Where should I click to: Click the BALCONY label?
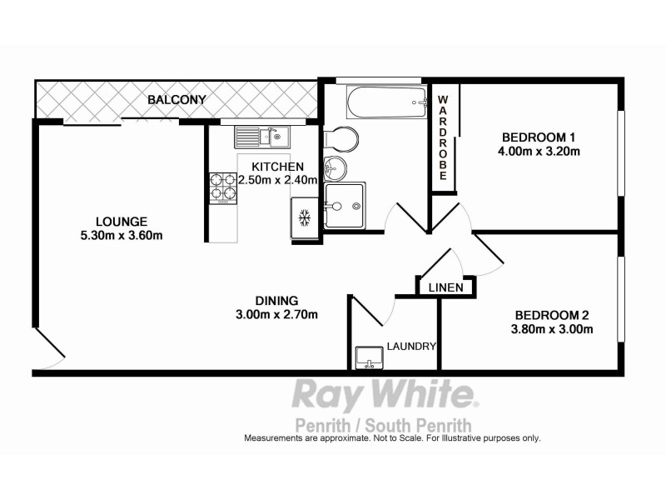point(176,100)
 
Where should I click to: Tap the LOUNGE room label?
point(122,222)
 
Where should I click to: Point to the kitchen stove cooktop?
point(222,187)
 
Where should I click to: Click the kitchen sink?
point(260,135)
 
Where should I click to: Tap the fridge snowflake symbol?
point(304,218)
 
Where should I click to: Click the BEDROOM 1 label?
point(539,137)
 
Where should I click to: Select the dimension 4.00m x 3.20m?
point(539,152)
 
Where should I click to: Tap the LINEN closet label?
point(445,287)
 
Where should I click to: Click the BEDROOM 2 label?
point(552,315)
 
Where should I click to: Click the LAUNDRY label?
point(412,347)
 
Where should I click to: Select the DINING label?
point(277,301)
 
